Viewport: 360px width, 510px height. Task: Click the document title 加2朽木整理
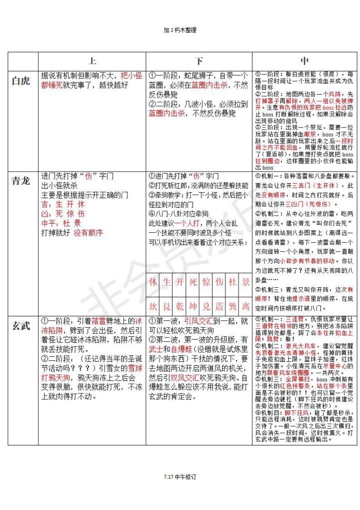(180, 30)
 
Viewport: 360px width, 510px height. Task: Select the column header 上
(92, 61)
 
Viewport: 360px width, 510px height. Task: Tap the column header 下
(199, 61)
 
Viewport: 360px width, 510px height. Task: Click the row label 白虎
(21, 81)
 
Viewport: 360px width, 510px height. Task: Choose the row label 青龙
(21, 181)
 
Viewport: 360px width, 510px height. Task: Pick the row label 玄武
(21, 326)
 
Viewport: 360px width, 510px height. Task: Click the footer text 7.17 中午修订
(179, 476)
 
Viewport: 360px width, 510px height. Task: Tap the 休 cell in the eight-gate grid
(153, 282)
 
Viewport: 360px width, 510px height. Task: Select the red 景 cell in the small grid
(245, 282)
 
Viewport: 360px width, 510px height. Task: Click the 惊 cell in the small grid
(206, 282)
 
